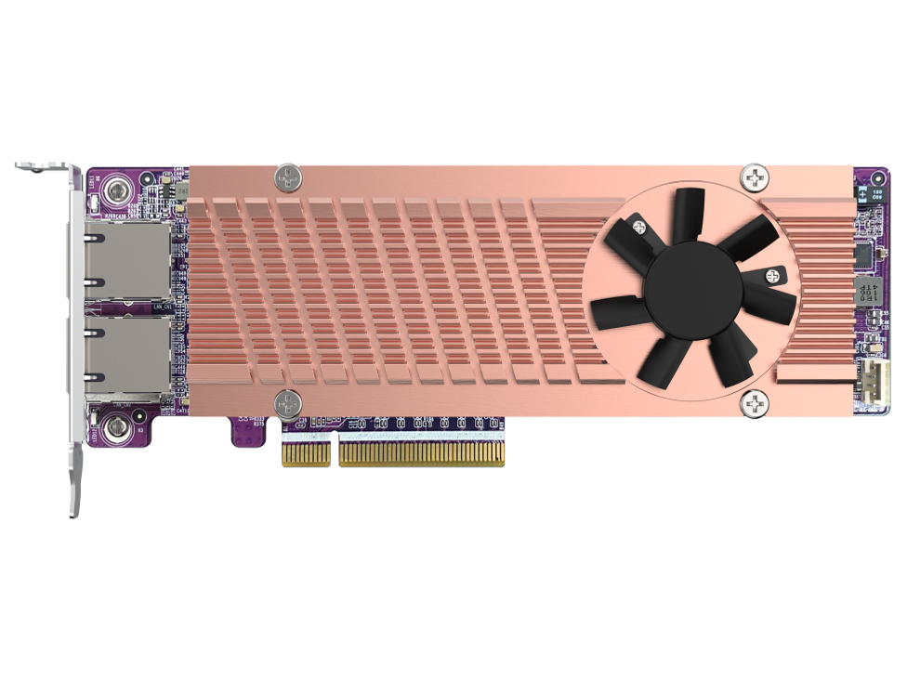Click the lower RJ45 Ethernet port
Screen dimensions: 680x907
tap(127, 356)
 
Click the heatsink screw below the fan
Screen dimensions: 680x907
tap(755, 403)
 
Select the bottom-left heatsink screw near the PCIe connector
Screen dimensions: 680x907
tap(288, 403)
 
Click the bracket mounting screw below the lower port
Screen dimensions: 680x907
tap(116, 428)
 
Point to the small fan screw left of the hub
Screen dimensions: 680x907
tap(638, 224)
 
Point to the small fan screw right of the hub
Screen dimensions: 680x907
tap(770, 275)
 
